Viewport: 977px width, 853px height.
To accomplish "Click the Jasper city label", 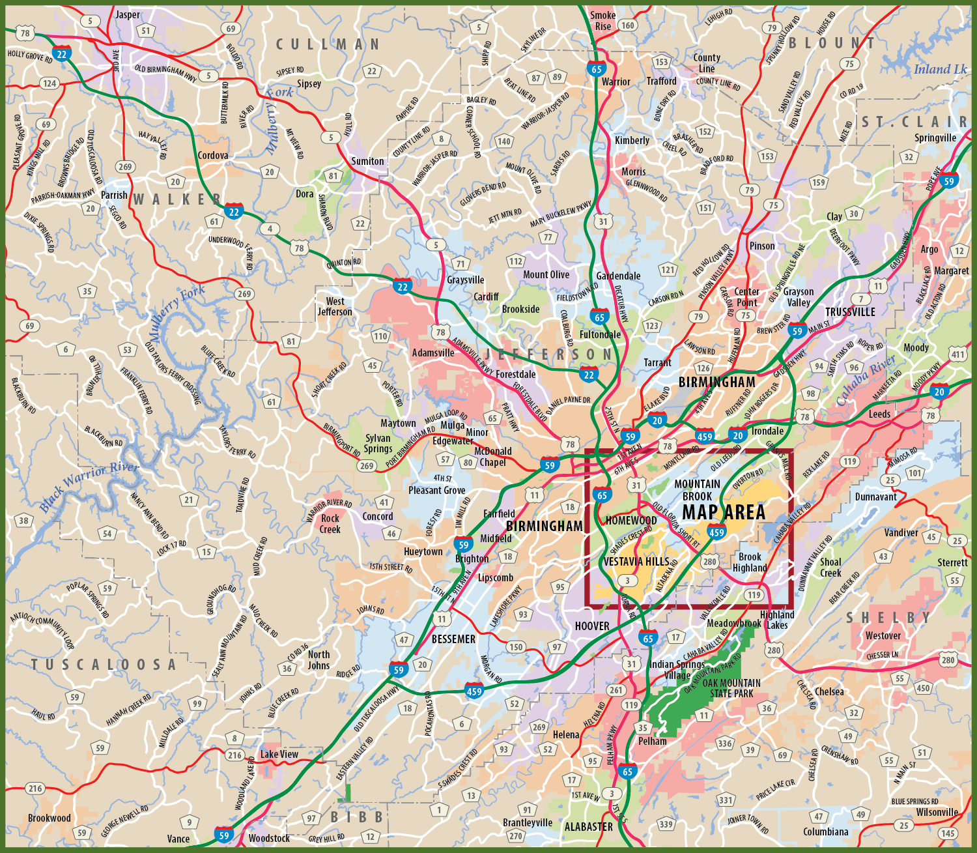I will pos(128,14).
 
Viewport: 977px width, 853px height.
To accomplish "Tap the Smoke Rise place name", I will pos(602,21).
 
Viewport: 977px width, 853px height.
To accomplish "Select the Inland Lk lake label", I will pos(940,70).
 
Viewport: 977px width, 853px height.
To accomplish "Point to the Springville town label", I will pos(935,138).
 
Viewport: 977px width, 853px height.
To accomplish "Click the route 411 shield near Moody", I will pos(957,354).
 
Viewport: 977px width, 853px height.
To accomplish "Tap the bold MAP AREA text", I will pos(724,513).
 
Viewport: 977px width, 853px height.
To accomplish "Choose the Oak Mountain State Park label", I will pos(731,688).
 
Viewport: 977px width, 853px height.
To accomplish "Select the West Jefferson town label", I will pos(335,306).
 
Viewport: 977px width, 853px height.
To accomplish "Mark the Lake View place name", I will pos(279,754).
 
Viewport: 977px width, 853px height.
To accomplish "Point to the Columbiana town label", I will pos(825,831).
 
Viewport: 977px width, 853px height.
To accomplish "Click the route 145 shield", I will pos(948,833).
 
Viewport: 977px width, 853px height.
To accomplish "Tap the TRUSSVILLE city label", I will pos(850,312).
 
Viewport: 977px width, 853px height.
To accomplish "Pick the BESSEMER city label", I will pos(453,639).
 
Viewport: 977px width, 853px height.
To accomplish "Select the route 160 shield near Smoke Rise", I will pos(627,25).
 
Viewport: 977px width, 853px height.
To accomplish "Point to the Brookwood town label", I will pos(50,818).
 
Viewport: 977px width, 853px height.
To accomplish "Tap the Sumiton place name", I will pos(367,161).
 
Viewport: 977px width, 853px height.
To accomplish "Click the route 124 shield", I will pos(50,83).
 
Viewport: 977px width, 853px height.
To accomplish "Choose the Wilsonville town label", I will pos(937,812).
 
